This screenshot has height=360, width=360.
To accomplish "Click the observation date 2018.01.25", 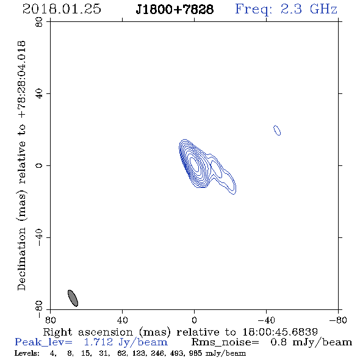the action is (62, 9).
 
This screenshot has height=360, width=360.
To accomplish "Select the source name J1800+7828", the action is (175, 10).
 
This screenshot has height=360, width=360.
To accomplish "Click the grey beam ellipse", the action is (73, 298).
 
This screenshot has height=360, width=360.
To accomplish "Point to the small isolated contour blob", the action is (277, 130).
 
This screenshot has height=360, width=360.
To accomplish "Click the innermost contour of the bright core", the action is (195, 164).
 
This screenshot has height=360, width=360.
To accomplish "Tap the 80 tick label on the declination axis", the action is (39, 22).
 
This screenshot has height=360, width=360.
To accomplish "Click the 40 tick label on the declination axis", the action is (39, 94).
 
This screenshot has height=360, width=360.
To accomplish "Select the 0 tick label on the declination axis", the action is (39, 165).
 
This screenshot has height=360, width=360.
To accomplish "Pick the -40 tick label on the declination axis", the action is (39, 237).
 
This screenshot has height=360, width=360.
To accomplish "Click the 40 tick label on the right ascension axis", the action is (122, 320).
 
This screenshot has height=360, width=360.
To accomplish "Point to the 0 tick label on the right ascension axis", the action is (194, 320).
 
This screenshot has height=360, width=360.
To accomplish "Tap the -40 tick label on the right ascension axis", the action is (266, 320).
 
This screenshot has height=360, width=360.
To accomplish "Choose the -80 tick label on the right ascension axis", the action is (338, 320).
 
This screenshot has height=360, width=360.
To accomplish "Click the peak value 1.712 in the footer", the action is (98, 342).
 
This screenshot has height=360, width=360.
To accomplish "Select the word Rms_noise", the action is (225, 342).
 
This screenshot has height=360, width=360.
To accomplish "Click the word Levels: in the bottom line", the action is (27, 353).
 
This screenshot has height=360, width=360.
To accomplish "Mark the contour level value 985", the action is (195, 353).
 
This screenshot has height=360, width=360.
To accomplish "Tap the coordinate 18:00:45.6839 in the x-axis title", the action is (280, 332).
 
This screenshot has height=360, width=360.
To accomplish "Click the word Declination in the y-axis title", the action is (21, 259).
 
